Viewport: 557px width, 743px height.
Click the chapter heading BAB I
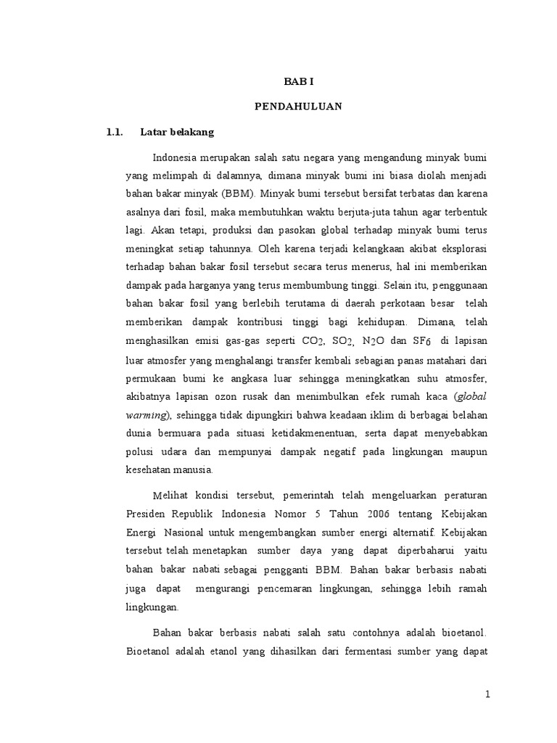coord(298,82)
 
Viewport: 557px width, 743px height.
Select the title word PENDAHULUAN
coord(298,107)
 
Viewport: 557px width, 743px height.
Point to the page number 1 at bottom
coord(488,694)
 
